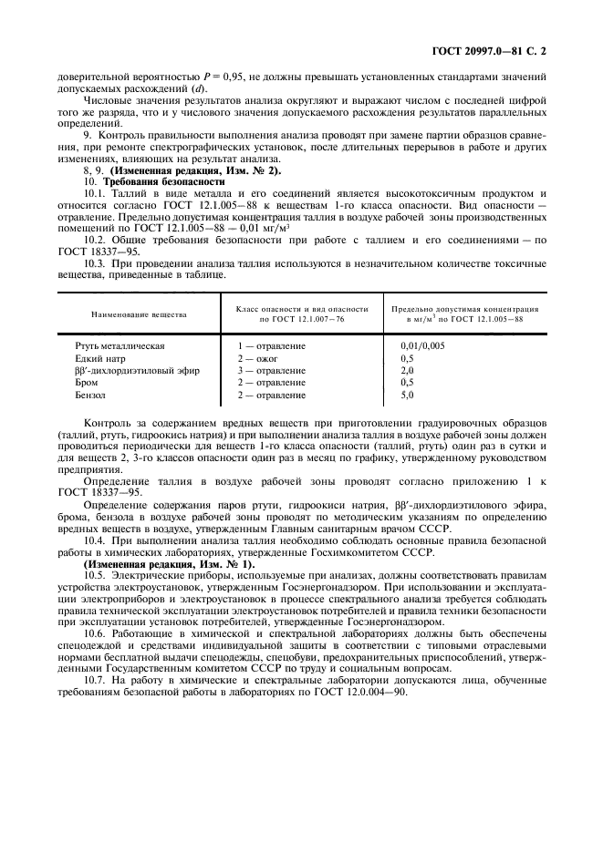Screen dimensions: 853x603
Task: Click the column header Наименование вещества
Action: click(x=139, y=314)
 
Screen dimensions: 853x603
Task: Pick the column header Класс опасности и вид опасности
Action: click(x=301, y=309)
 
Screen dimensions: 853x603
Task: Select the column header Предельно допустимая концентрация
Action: click(x=465, y=309)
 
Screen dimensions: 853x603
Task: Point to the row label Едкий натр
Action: click(x=99, y=359)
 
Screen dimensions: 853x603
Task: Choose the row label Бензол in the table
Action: click(x=91, y=395)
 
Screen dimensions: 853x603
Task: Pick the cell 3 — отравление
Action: click(x=271, y=371)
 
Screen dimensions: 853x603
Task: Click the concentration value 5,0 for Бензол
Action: click(x=408, y=395)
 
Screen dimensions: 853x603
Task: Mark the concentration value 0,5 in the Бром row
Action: click(x=408, y=383)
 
